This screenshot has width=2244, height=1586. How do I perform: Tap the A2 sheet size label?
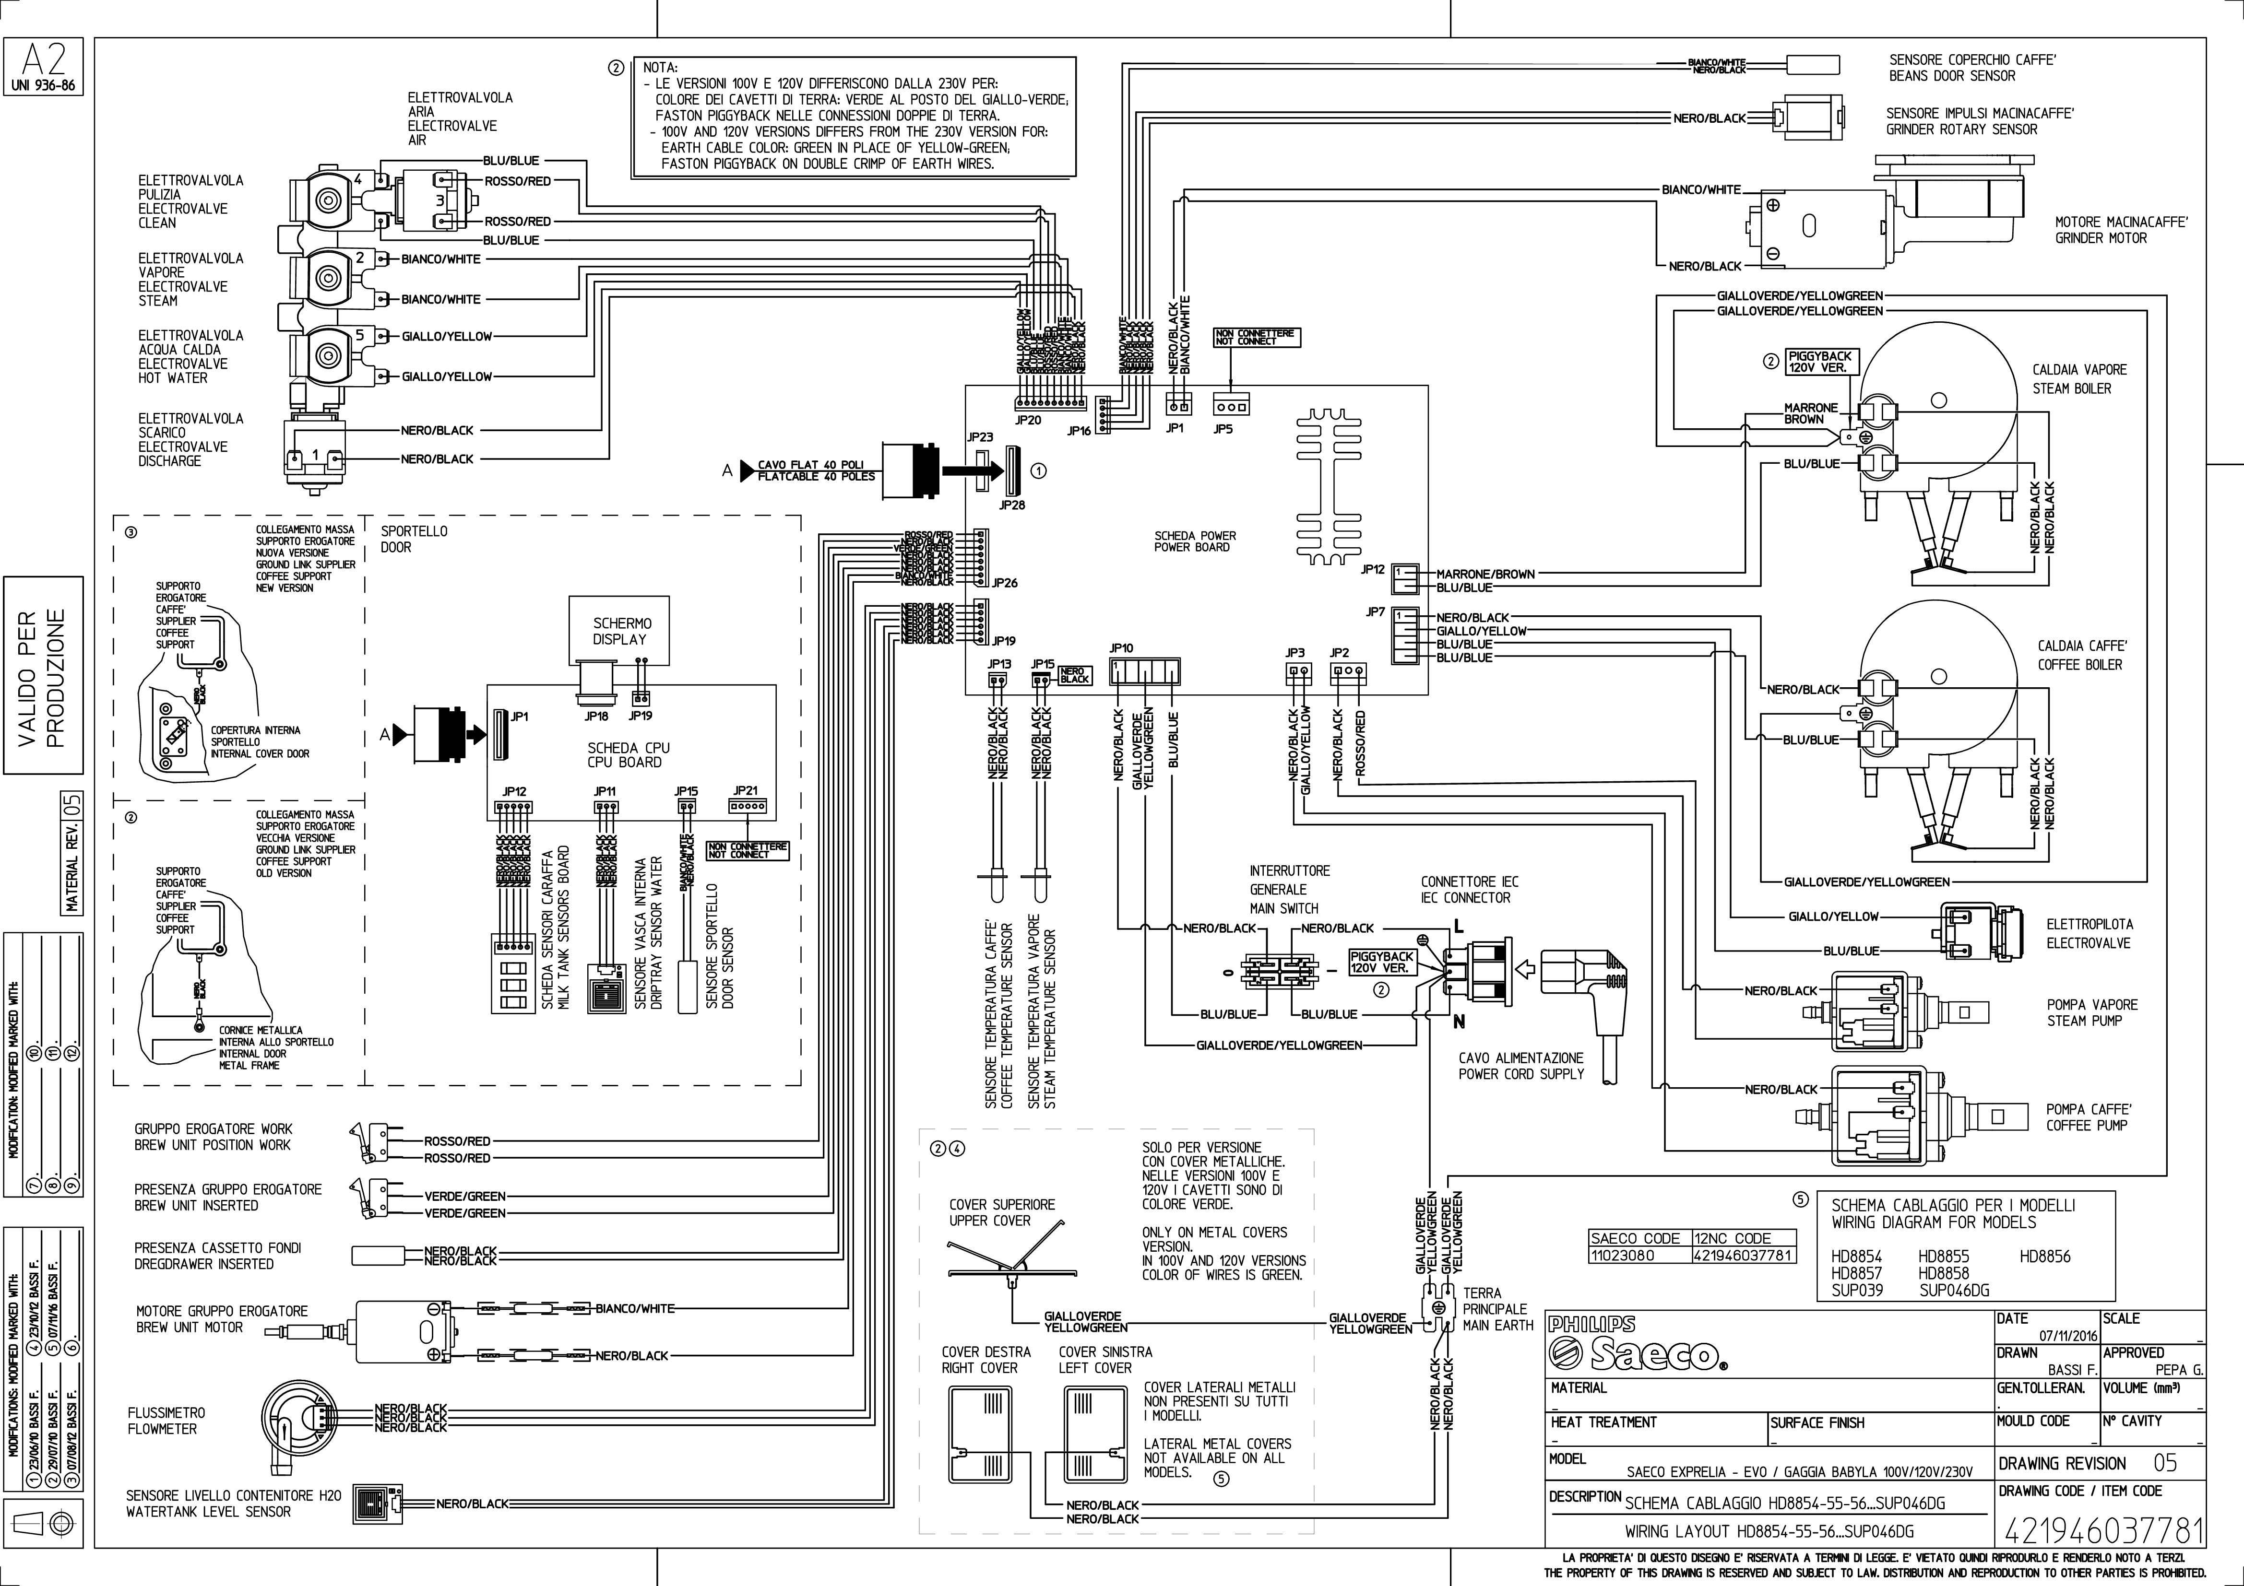[x=44, y=60]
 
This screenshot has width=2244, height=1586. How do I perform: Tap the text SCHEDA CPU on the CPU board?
[x=629, y=748]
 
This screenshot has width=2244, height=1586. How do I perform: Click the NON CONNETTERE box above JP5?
[x=1256, y=337]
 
